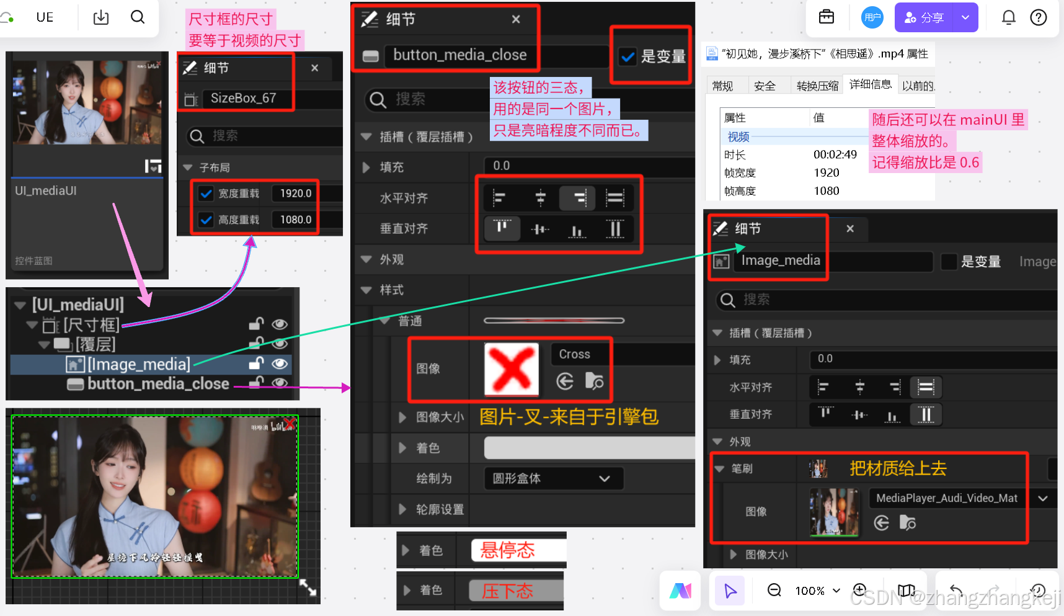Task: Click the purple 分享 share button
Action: [924, 18]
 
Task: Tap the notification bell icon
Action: [1009, 17]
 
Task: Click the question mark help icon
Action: [1039, 17]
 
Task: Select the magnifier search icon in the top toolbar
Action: [138, 17]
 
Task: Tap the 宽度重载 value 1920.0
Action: [296, 194]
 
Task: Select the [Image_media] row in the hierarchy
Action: [138, 364]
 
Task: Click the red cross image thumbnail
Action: [512, 369]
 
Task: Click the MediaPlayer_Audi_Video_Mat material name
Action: [947, 498]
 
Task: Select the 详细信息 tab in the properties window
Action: [870, 84]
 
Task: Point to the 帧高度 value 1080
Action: [827, 191]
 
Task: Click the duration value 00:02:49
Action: [835, 155]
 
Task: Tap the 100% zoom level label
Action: [810, 591]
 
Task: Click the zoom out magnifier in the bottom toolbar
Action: [774, 590]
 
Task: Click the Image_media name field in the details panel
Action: [781, 261]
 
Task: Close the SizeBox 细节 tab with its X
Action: [315, 68]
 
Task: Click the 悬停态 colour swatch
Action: [518, 550]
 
